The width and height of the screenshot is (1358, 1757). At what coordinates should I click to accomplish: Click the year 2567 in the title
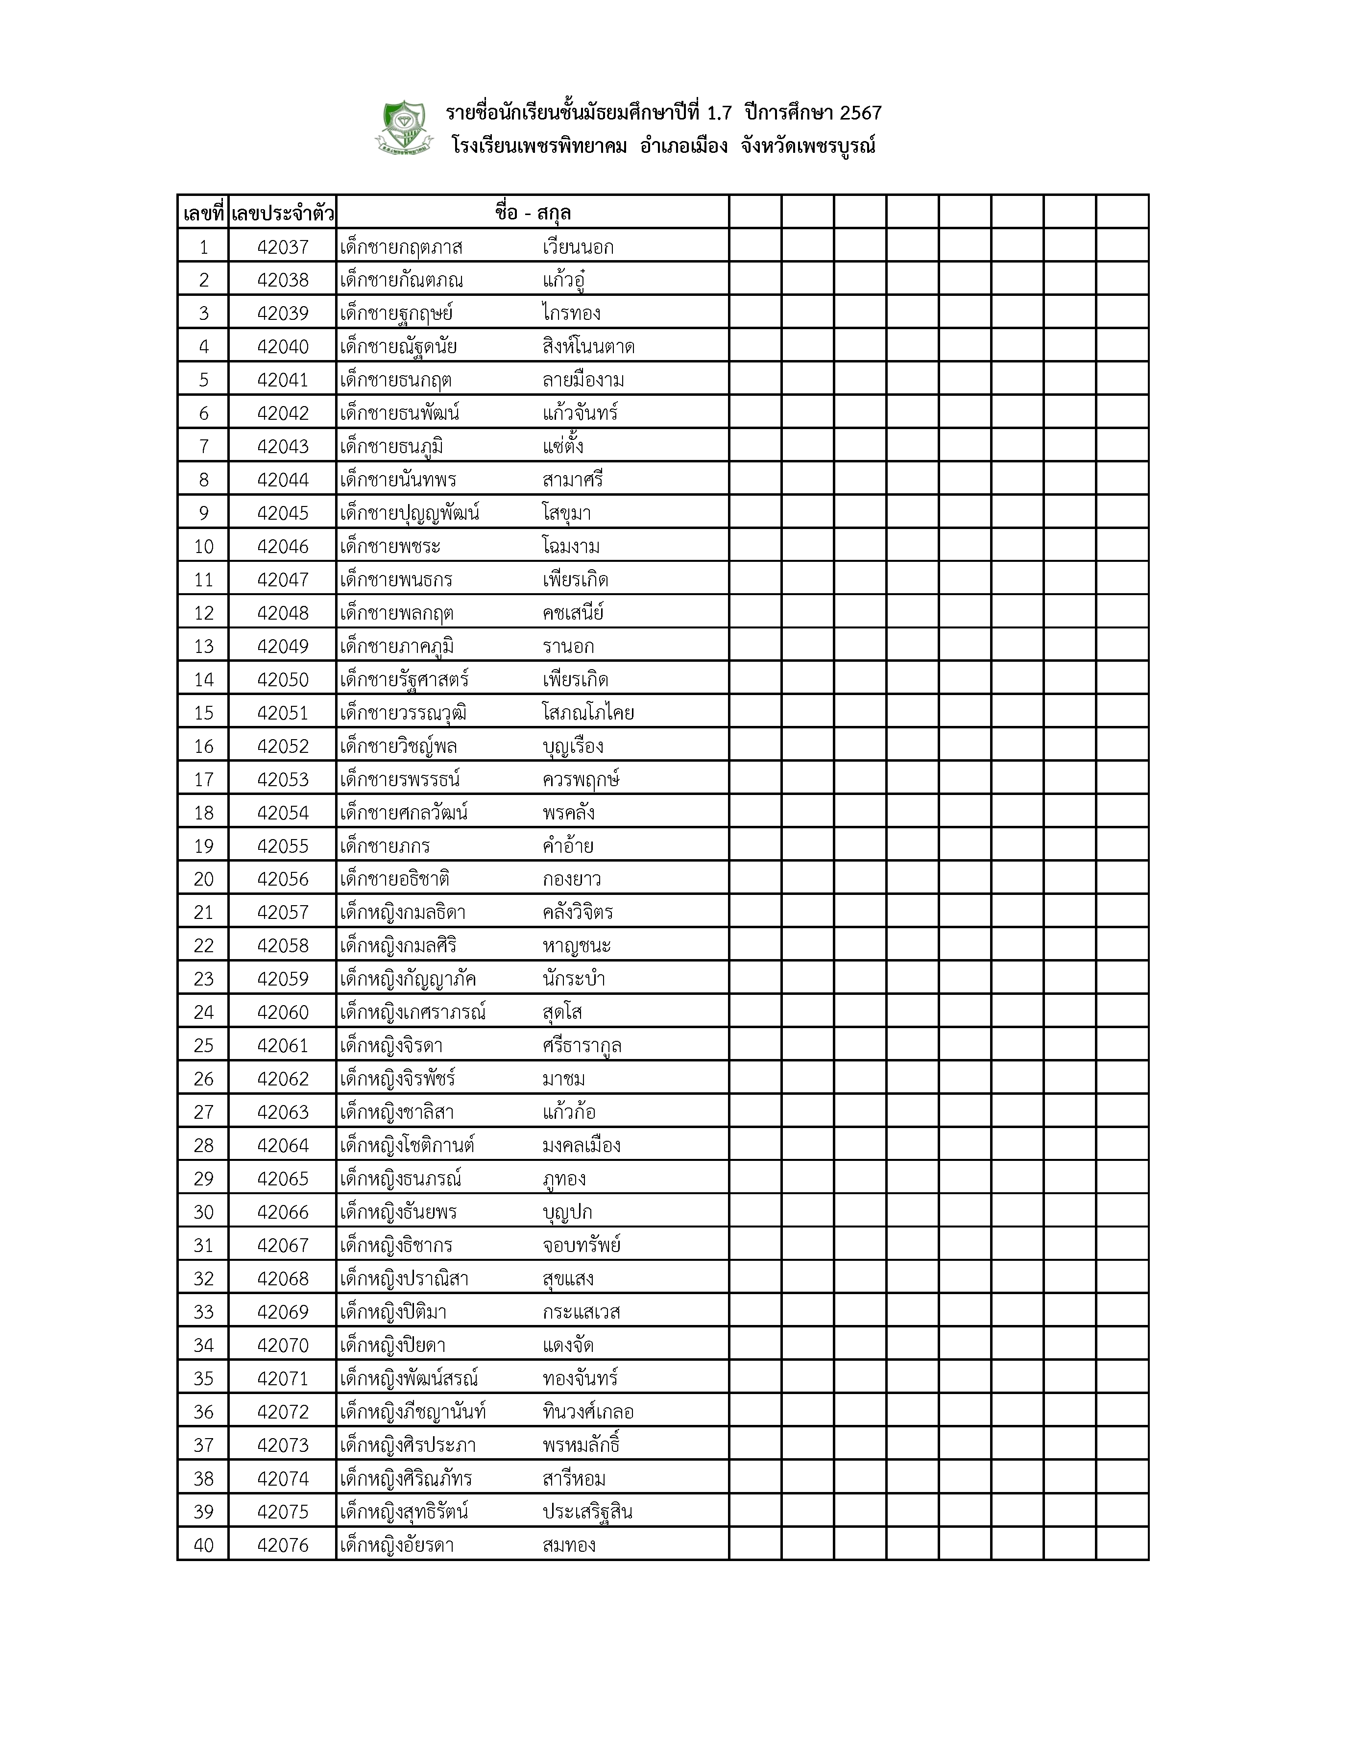click(x=861, y=113)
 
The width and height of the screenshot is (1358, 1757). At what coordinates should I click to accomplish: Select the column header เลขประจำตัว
click(x=282, y=213)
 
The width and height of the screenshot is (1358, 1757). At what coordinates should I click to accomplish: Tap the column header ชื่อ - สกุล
click(x=533, y=213)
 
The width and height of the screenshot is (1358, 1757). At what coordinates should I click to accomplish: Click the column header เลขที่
click(x=203, y=213)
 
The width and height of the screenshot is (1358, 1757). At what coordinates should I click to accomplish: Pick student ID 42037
click(x=282, y=247)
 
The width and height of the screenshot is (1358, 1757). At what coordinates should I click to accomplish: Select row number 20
click(x=203, y=879)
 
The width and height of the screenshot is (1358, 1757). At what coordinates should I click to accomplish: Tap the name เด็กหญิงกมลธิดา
click(x=402, y=912)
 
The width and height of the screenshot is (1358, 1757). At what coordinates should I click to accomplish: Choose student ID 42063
click(x=282, y=1112)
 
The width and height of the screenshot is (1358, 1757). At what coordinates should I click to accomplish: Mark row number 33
click(x=203, y=1312)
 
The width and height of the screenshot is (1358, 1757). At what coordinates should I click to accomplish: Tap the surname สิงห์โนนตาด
click(x=588, y=347)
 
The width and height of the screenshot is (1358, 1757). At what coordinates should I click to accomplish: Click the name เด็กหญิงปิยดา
click(x=392, y=1345)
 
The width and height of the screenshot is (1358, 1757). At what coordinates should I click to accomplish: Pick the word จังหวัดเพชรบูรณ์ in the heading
click(x=808, y=146)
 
